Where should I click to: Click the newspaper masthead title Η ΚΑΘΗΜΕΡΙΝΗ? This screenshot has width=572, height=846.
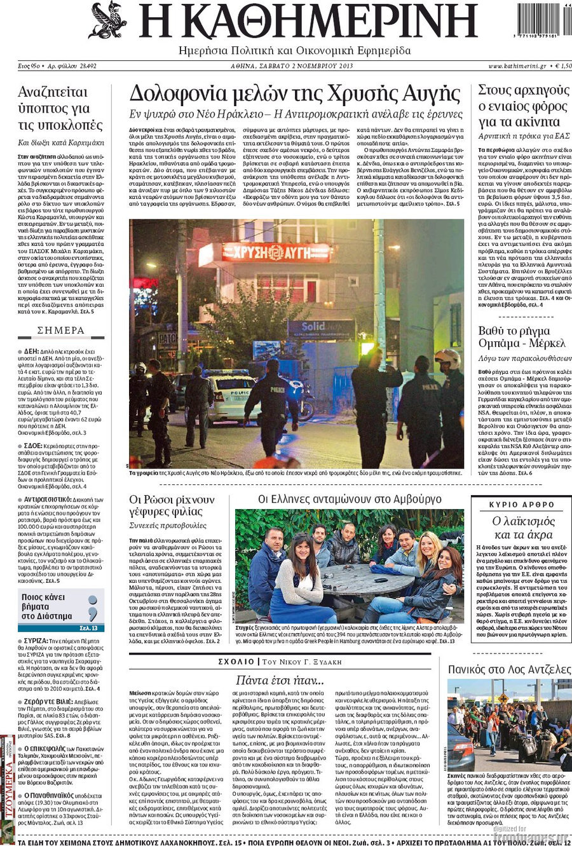(308, 22)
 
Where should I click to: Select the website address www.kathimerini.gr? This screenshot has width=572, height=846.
(515, 66)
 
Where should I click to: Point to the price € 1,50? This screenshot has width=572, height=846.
(562, 66)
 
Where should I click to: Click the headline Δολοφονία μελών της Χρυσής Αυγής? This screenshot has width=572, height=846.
(294, 94)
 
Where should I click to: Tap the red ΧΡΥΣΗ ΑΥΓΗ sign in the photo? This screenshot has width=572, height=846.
(276, 252)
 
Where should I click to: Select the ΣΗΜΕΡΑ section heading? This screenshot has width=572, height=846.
(61, 331)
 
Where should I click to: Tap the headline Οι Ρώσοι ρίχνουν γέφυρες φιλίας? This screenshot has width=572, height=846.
(172, 505)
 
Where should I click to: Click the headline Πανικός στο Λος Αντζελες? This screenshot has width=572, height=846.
(509, 669)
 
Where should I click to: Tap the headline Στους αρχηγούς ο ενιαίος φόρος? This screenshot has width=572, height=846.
(523, 105)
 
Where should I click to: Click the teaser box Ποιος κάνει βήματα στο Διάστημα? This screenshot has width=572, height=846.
(61, 607)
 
